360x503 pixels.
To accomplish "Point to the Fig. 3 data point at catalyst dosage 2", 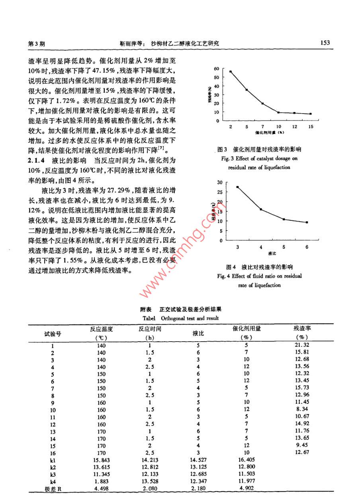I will coord(231,72).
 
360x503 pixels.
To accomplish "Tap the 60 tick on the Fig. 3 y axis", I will coord(217,69).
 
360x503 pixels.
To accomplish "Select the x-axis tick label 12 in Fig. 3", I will coord(294,127).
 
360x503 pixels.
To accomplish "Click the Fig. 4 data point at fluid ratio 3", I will coord(238,187).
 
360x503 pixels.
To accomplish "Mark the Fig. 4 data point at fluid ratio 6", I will coord(307,222).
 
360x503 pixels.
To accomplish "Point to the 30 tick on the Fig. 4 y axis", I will coord(219,182).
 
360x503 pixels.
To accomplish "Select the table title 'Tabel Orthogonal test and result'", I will coord(180,318).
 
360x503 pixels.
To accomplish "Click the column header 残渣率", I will coord(302,328).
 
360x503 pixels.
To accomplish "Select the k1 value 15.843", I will coord(101,460).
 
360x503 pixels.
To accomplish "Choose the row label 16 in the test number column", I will coord(53,452).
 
